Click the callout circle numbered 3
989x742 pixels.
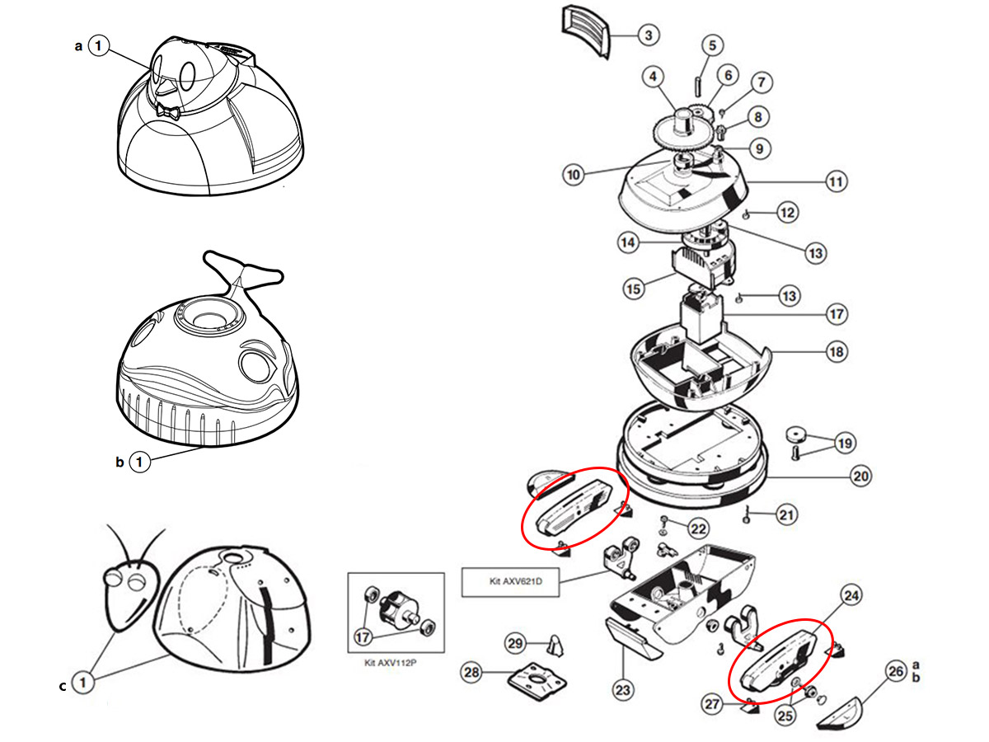point(649,35)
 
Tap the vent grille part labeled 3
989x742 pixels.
point(587,31)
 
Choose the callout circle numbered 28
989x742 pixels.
point(471,674)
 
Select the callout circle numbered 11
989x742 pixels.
point(837,181)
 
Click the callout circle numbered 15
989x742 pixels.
point(633,290)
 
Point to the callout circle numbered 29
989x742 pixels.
point(515,643)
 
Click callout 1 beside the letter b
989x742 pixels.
point(140,463)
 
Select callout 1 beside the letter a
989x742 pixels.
point(99,47)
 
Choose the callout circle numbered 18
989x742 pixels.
point(837,352)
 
